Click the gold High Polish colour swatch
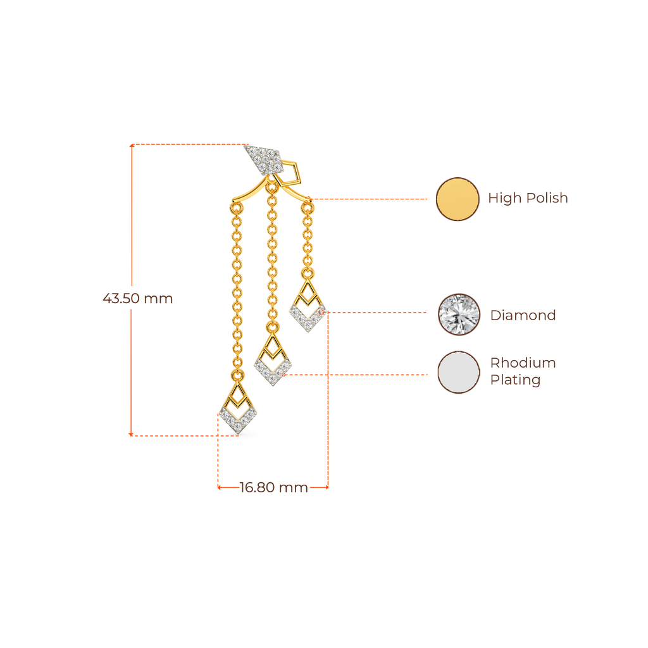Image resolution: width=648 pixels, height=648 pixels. (458, 199)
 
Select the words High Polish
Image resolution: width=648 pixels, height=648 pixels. (528, 198)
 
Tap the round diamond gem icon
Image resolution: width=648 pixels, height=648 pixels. (459, 315)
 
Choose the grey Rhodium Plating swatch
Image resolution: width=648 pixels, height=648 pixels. (459, 373)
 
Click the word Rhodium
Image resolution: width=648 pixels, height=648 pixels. (523, 363)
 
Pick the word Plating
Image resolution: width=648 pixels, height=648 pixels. (515, 380)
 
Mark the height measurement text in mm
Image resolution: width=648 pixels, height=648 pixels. (137, 299)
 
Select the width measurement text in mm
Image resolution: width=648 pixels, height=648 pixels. (273, 487)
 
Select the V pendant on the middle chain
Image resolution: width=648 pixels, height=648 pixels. (273, 364)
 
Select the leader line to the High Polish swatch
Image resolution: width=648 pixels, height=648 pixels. (373, 199)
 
